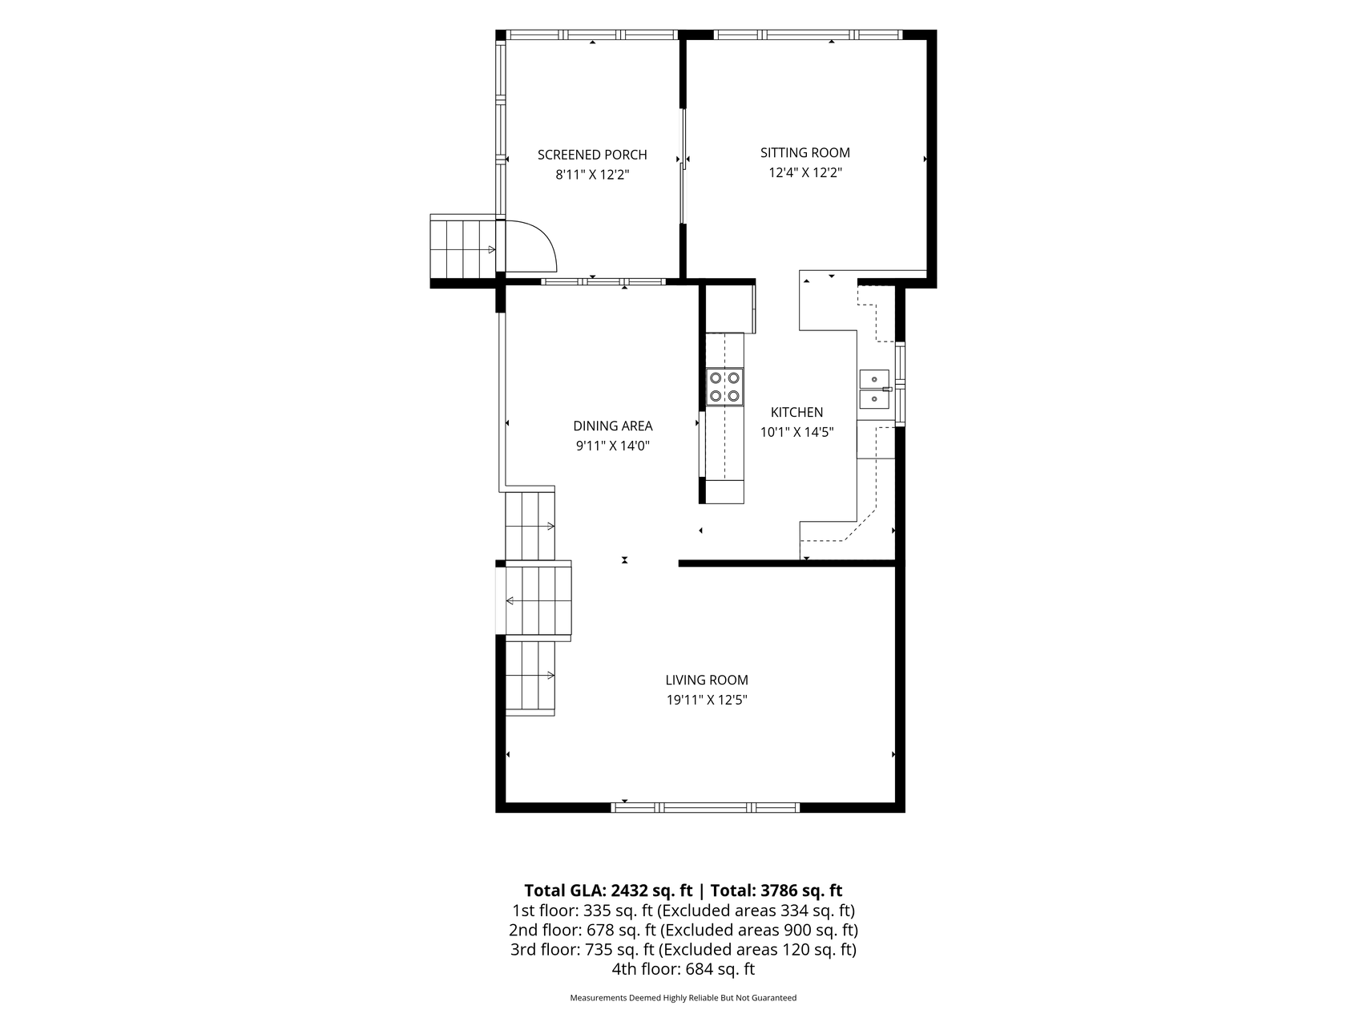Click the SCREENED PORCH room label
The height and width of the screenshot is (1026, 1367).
point(592,155)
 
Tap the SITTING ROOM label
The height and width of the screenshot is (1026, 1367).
point(805,152)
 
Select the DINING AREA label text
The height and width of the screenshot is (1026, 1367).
point(613,426)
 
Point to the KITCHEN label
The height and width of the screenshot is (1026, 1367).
point(797,413)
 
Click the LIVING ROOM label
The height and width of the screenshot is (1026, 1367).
point(707,681)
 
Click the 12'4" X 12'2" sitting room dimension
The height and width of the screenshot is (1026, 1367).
point(805,172)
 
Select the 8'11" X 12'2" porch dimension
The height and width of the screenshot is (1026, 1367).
point(593,175)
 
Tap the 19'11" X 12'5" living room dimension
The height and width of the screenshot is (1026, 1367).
point(707,700)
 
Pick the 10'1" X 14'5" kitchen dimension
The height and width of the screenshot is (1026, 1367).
point(797,432)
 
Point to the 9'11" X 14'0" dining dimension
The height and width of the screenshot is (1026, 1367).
point(613,446)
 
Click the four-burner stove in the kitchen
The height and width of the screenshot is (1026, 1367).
point(724,386)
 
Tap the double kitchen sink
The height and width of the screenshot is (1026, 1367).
point(876,389)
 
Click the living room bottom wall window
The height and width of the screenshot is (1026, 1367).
point(705,807)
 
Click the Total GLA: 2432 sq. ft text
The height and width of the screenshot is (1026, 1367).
point(608,891)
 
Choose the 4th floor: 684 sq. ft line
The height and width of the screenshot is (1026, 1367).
point(683,969)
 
